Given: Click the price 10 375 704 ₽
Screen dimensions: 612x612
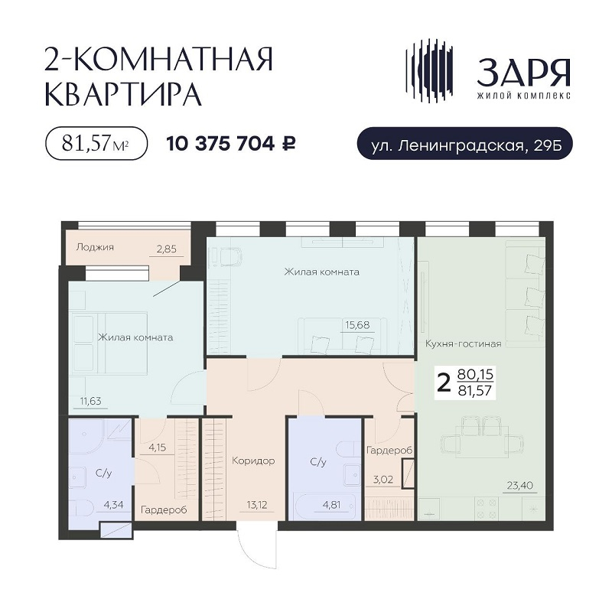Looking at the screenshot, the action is (231, 144).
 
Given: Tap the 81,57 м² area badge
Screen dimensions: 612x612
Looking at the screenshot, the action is (96, 143).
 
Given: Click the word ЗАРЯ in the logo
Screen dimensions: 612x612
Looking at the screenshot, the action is (524, 73).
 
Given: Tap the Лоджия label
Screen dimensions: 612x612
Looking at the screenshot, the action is (95, 247).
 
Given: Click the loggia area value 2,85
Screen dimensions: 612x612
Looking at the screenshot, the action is (167, 249).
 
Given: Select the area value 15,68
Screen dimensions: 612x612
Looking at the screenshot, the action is (357, 324).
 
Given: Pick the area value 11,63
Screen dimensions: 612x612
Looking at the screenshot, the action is (90, 401).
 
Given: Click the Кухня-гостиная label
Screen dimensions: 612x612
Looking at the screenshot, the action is (464, 343).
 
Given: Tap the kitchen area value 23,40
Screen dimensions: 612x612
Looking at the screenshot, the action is (520, 486).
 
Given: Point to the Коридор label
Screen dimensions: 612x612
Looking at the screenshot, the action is (253, 461).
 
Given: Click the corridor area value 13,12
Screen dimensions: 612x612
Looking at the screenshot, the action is (257, 505).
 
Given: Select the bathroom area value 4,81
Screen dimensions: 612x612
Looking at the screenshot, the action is (331, 505).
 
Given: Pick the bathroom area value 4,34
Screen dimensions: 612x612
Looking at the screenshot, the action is (113, 505).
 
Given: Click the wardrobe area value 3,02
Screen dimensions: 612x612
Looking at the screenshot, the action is (383, 480).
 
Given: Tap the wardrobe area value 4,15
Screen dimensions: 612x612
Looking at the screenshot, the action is (158, 448).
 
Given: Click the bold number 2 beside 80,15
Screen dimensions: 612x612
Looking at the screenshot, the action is (444, 383).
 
